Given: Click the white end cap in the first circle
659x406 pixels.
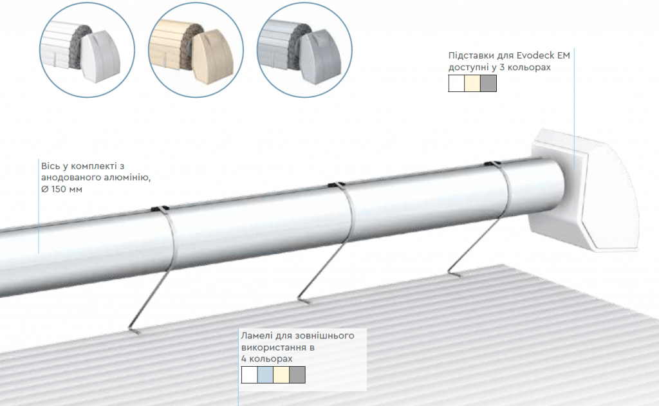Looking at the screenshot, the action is [x=100, y=56].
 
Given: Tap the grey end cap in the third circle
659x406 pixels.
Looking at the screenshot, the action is [x=321, y=57].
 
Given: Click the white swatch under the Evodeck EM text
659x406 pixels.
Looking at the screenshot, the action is [x=456, y=83].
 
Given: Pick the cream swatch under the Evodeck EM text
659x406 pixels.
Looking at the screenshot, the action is [x=472, y=83].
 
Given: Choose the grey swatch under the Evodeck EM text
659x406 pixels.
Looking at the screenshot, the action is [x=488, y=83].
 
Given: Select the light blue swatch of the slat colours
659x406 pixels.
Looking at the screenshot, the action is [x=265, y=375].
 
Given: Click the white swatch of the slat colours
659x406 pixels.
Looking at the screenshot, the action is [x=249, y=375].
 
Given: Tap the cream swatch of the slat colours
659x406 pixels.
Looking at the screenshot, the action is [x=281, y=375].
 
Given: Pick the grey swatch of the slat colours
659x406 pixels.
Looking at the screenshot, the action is [x=297, y=375].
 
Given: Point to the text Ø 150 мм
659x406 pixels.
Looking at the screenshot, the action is [x=62, y=189].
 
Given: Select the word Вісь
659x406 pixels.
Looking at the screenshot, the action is [x=50, y=166].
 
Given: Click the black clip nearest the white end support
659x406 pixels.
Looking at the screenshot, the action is [x=492, y=164].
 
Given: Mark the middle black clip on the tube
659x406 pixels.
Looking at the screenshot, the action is [x=337, y=185].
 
